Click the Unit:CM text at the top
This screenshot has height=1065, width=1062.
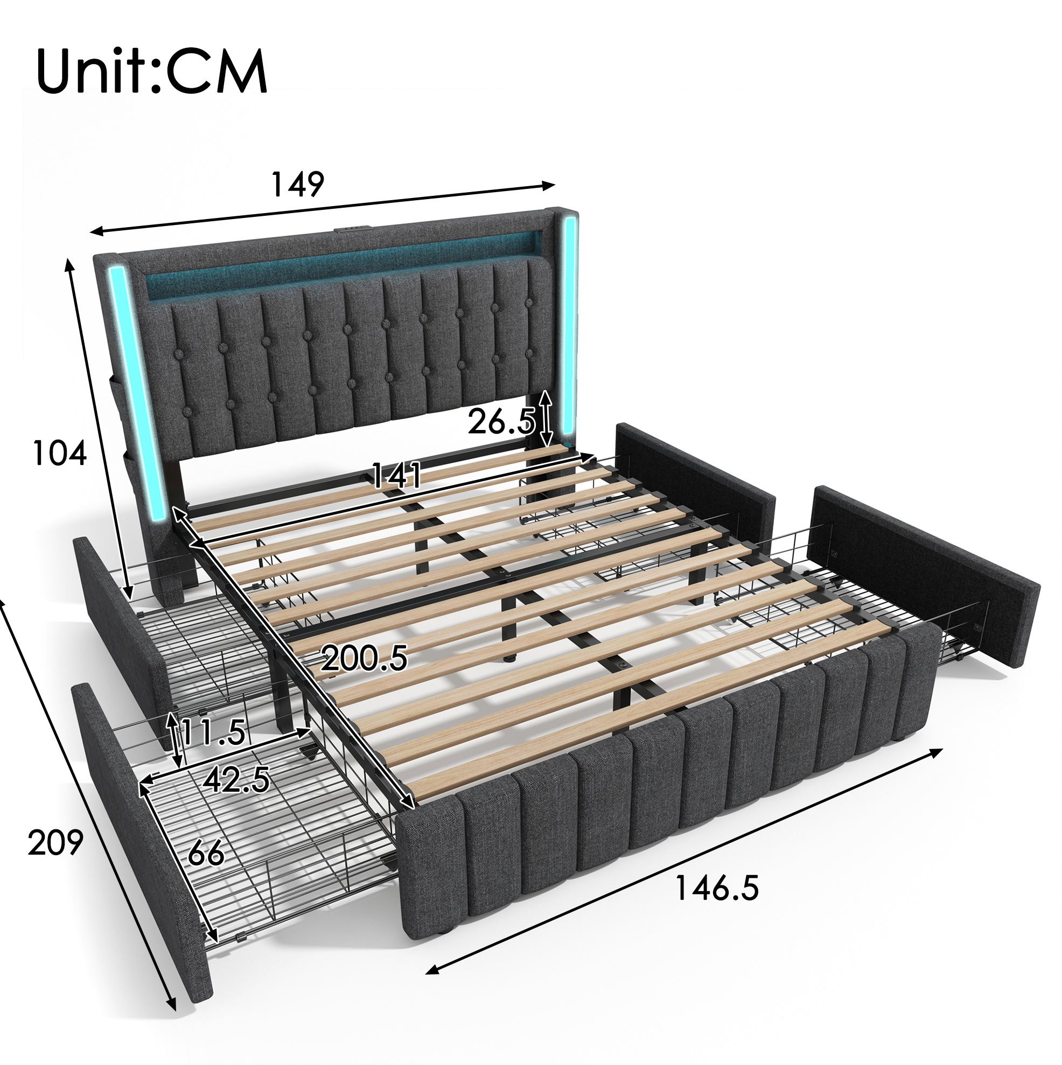tap(152, 71)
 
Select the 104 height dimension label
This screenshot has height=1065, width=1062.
tap(60, 454)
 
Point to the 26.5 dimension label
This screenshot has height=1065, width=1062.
tap(501, 423)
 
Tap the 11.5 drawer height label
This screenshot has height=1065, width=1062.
tap(212, 732)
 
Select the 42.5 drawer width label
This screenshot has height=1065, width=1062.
tap(236, 780)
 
